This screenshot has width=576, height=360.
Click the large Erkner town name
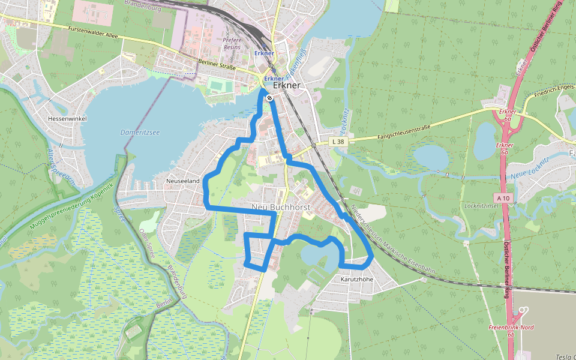[x=290, y=85]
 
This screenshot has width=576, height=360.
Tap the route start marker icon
[x=269, y=98]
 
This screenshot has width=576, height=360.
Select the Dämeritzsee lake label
[x=140, y=132]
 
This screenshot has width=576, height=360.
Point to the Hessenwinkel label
[x=67, y=119]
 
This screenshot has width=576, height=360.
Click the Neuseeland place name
[x=182, y=180]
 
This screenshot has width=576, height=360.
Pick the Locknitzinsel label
[x=479, y=206]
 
